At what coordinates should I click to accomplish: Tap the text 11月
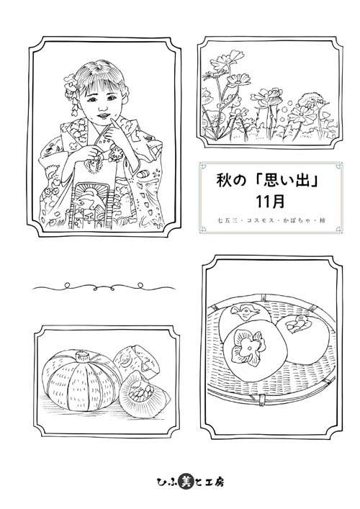pyautogui.click(x=270, y=202)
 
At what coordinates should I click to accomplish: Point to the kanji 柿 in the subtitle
pyautogui.click(x=322, y=220)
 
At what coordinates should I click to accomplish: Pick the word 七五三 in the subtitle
pyautogui.click(x=228, y=220)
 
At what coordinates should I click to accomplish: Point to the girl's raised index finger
pyautogui.click(x=114, y=125)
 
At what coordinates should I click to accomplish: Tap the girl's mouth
pyautogui.click(x=102, y=115)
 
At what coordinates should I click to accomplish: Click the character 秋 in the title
pyautogui.click(x=224, y=181)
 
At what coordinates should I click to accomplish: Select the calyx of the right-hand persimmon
pyautogui.click(x=297, y=325)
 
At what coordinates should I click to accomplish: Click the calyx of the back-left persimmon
pyautogui.click(x=245, y=312)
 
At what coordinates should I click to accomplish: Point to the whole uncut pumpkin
pyautogui.click(x=81, y=381)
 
